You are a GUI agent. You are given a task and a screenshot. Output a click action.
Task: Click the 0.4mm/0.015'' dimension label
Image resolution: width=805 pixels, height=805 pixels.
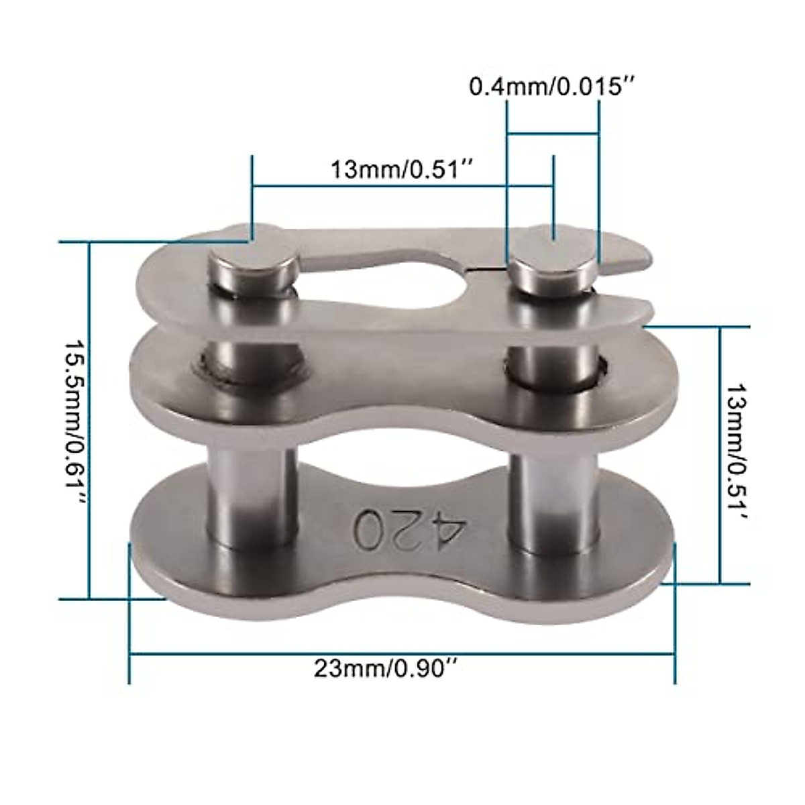tap(551, 87)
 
